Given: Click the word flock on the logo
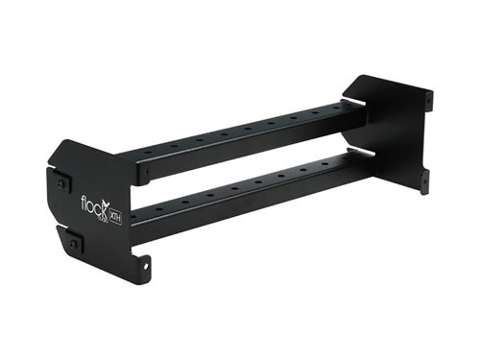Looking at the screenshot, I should click(x=94, y=204).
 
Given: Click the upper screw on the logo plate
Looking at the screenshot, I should click(x=62, y=182).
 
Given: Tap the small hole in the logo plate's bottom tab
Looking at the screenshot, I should click(x=147, y=261).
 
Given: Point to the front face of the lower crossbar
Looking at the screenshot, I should click(x=250, y=197).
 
